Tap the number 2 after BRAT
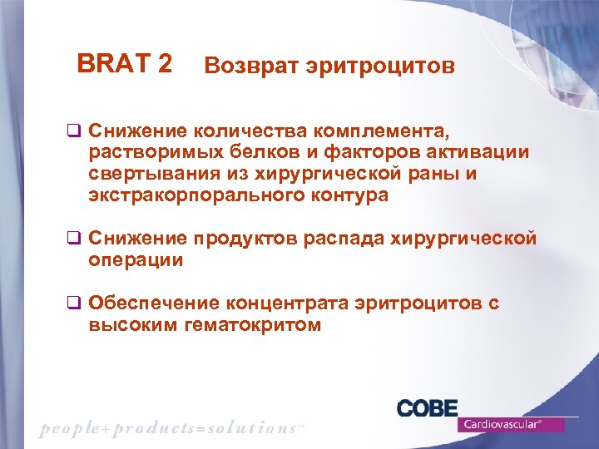(164, 63)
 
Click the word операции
(136, 261)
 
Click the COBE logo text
(427, 409)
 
